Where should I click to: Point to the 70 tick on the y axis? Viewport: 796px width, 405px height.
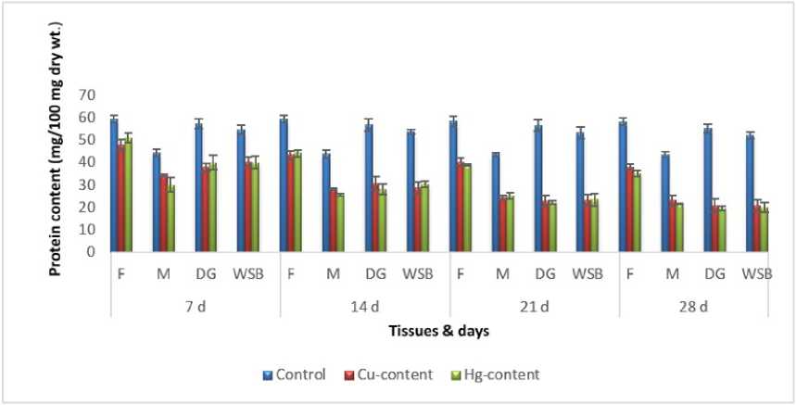pos(88,95)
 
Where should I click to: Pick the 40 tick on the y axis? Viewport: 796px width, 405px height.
pos(88,162)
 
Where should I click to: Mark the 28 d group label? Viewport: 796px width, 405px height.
pos(703,307)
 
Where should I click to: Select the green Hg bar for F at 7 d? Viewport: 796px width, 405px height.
pos(129,196)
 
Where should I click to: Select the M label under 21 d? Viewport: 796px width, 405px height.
pos(502,274)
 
